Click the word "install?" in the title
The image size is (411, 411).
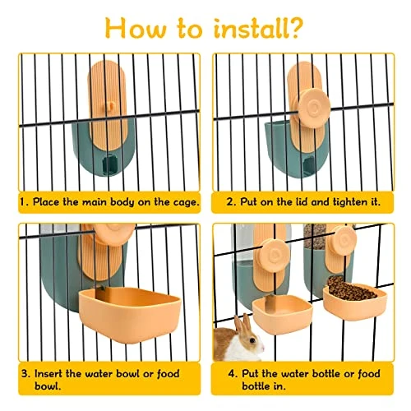(x=258, y=29)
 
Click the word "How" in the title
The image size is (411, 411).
(x=136, y=29)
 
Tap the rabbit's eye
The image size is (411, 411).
(x=252, y=340)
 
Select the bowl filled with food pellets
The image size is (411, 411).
(x=354, y=298)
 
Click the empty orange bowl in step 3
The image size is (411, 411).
(x=130, y=313)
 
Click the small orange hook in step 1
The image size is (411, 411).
(x=111, y=105)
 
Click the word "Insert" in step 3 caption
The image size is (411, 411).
(x=48, y=374)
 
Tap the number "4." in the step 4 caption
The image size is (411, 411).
(x=233, y=374)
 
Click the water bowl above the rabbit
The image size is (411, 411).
(x=282, y=312)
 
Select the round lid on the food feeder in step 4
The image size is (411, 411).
(x=345, y=241)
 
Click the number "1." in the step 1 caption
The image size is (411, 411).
(x=25, y=202)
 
